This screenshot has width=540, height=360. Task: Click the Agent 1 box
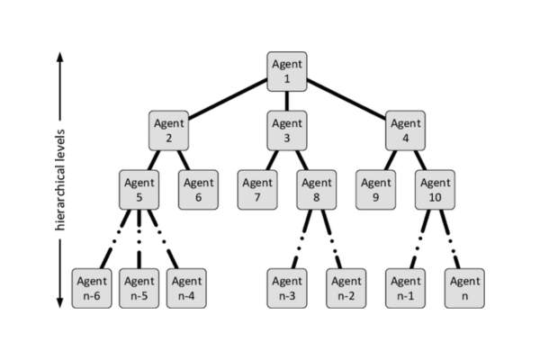click(x=287, y=71)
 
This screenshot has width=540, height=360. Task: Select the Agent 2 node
click(x=168, y=130)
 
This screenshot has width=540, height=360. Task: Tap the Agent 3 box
click(x=287, y=130)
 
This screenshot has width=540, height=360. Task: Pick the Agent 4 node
click(x=406, y=130)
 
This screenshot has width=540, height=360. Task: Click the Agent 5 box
click(x=139, y=188)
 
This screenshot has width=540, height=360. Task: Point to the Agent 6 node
click(x=198, y=188)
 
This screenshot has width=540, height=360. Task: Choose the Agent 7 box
click(x=257, y=188)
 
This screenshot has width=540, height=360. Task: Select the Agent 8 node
click(x=317, y=188)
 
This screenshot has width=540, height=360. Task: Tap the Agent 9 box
click(x=376, y=188)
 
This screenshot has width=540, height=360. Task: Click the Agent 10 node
click(x=436, y=188)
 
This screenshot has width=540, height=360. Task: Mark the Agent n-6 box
click(x=92, y=288)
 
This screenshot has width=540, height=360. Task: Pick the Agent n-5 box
click(x=139, y=288)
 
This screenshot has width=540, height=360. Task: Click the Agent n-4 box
click(x=185, y=288)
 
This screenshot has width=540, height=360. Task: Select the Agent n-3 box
click(x=287, y=288)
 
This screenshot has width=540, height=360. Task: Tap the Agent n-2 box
click(x=346, y=288)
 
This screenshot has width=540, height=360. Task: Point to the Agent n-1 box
click(x=406, y=288)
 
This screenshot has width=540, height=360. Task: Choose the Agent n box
click(x=464, y=288)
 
